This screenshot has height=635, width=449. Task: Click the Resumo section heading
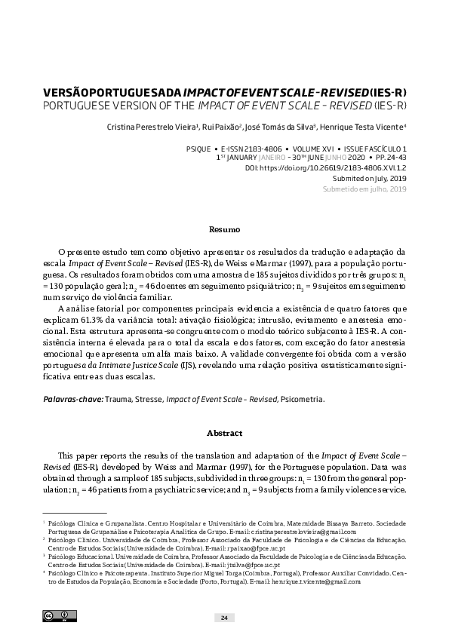coord(224,229)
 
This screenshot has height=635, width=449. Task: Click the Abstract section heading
coord(224,434)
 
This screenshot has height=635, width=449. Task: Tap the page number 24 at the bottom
coord(224,618)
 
